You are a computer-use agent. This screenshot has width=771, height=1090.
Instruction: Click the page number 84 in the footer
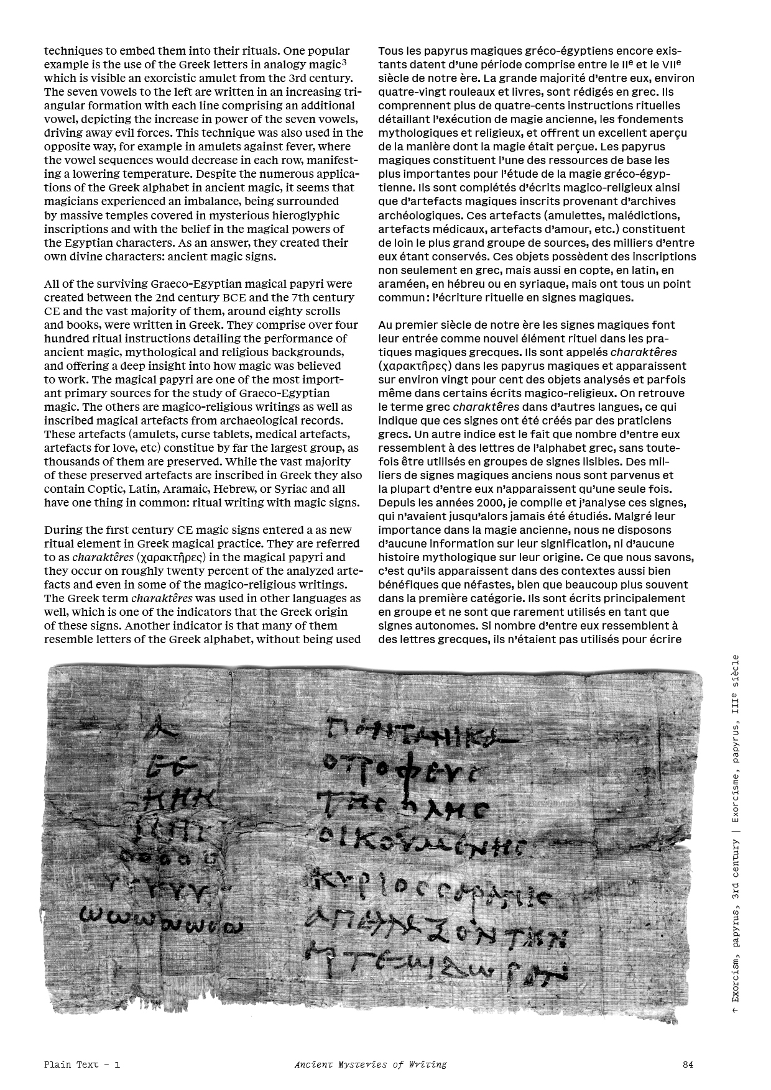click(688, 1065)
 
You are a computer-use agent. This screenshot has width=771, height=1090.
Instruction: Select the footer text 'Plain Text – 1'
click(82, 1065)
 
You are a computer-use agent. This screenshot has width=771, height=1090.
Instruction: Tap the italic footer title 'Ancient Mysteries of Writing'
click(371, 1065)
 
